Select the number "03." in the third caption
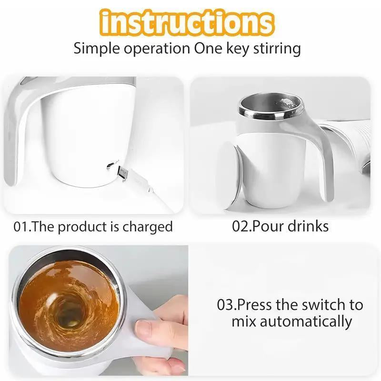(x=227, y=304)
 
